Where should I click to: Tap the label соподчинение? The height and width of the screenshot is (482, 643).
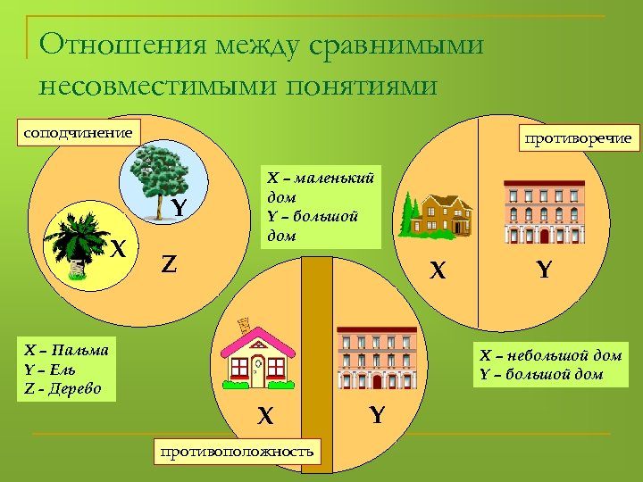point(77,134)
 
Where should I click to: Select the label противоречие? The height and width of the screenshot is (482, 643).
point(579,137)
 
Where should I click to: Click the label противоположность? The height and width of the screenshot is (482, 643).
point(237,452)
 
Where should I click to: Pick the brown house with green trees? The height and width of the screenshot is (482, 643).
point(438,214)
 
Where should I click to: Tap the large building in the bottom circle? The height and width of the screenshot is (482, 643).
point(376,357)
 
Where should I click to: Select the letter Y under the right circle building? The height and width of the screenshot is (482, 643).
point(544,267)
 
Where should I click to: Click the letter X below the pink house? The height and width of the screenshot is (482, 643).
point(265,416)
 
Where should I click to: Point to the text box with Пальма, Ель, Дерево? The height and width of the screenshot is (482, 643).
point(68,370)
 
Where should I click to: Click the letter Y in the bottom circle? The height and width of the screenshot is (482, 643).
point(377,415)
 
